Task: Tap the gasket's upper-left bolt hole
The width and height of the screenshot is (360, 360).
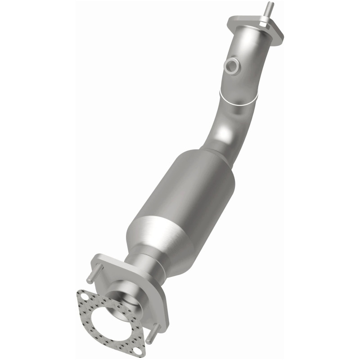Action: [83, 296]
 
